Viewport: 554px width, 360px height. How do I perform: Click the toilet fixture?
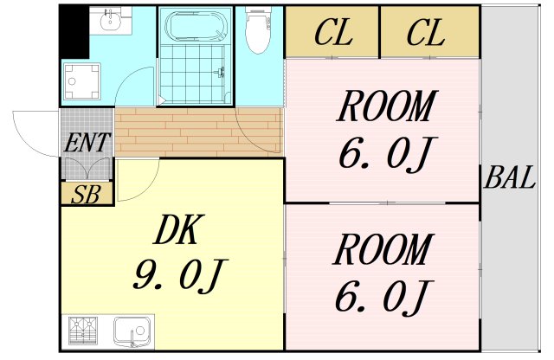coord(258,31)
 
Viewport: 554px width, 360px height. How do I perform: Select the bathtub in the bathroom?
coord(196,26)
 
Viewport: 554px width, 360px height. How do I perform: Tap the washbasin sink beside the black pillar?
coord(110,21)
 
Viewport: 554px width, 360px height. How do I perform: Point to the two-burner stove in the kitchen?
coord(83,331)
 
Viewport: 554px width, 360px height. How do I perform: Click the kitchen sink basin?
coord(132,331)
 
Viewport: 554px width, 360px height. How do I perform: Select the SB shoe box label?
coord(86,194)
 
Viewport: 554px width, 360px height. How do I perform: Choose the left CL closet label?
coord(332,34)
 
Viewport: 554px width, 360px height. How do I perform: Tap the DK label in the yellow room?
coord(178,231)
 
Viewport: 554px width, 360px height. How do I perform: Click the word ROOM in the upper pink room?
coord(384,108)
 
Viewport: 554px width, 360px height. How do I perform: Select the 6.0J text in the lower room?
coord(382,297)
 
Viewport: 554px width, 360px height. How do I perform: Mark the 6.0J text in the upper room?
coord(384,155)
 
